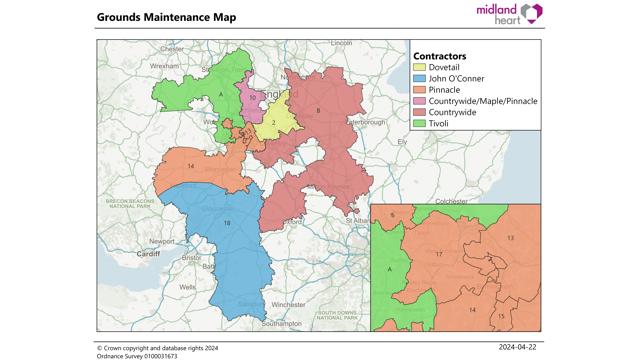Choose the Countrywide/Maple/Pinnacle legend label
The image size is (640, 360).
tap(483, 101)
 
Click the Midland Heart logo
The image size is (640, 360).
tap(509, 14)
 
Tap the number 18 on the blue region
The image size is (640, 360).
tap(227, 221)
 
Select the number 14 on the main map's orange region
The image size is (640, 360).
tap(190, 164)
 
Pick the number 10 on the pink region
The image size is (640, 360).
tap(253, 97)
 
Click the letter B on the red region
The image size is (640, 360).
tap(318, 110)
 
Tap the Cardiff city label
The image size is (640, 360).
tap(149, 254)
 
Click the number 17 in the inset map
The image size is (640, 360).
tap(439, 255)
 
